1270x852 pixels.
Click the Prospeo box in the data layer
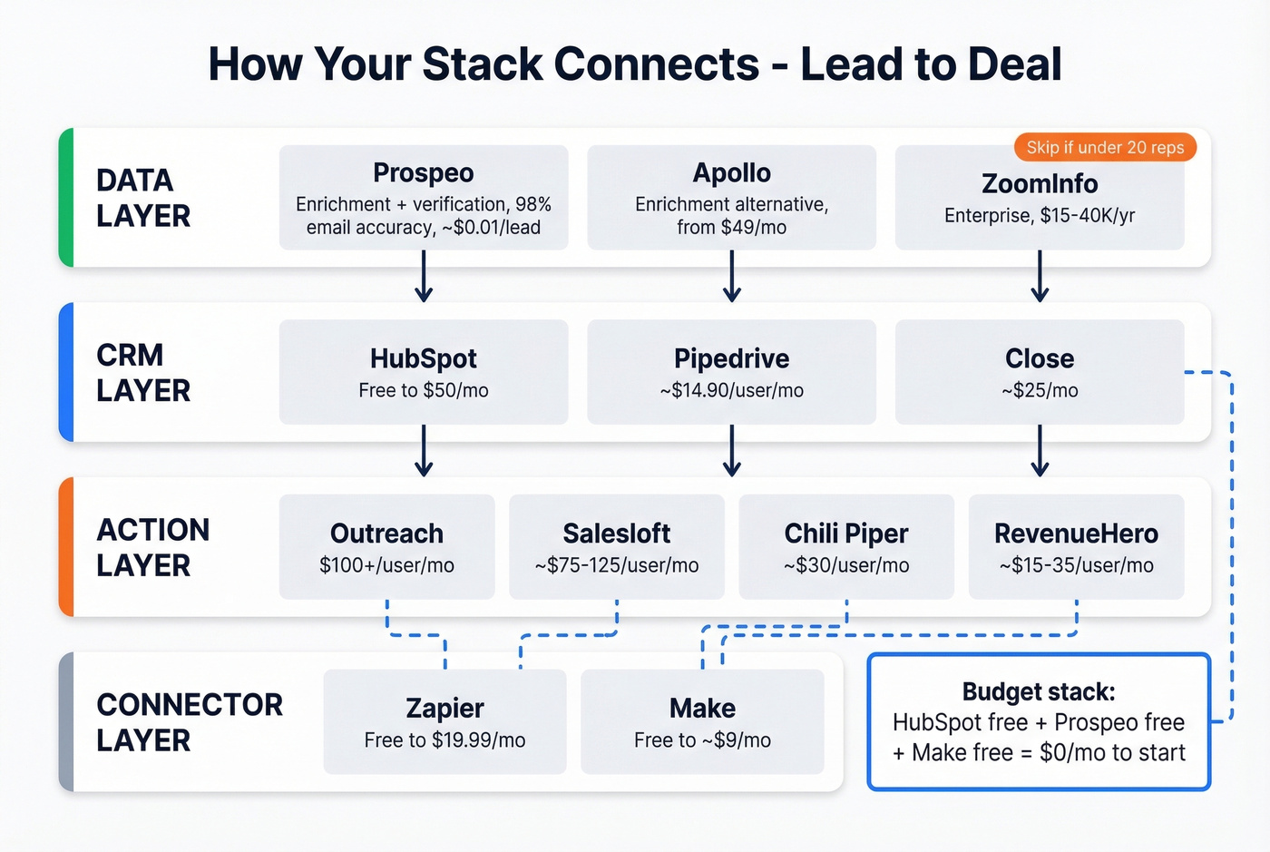(423, 198)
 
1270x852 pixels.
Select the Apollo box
(731, 198)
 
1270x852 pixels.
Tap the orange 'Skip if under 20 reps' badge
(1105, 148)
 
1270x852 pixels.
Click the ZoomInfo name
(1040, 184)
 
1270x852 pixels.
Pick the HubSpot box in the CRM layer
(423, 372)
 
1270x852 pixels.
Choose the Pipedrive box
(731, 372)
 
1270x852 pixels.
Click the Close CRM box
(1040, 372)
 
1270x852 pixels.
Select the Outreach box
(386, 547)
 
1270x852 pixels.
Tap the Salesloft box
(617, 547)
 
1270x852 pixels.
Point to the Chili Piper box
(846, 547)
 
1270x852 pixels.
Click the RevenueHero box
(1076, 547)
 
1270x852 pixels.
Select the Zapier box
(444, 722)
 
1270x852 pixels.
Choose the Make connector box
(702, 722)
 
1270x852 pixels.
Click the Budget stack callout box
(1039, 722)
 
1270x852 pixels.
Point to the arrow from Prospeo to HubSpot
(424, 277)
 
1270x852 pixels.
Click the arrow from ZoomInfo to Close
(1040, 277)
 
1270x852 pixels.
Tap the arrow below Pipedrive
(732, 451)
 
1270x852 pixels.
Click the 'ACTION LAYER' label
(152, 547)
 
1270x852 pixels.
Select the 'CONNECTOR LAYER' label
(189, 722)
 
